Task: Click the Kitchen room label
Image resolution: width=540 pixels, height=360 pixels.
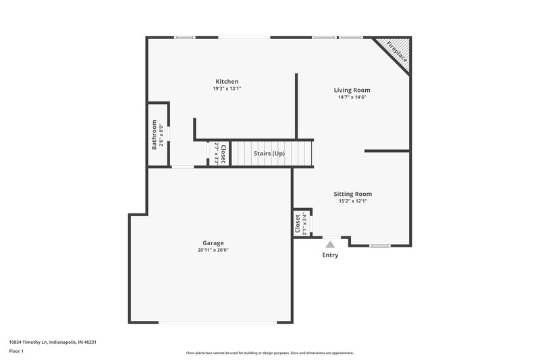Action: (226, 82)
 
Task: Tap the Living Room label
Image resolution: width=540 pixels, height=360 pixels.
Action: (352, 90)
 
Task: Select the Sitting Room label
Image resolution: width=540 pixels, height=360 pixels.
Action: (352, 193)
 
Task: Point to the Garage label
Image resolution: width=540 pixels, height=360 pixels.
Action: (213, 243)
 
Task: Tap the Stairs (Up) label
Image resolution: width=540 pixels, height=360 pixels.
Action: (269, 153)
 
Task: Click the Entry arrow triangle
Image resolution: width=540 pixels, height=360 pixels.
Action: (330, 244)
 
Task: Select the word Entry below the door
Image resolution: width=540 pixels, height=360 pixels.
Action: (330, 255)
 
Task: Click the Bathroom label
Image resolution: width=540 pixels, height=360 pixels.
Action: (154, 134)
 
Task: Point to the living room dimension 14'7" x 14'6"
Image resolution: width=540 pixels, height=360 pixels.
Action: (352, 97)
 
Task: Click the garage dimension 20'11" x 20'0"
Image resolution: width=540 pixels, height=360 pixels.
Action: (213, 250)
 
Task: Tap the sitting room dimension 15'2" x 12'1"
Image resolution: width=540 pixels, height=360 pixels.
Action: (352, 201)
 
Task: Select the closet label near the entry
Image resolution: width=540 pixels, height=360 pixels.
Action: (298, 224)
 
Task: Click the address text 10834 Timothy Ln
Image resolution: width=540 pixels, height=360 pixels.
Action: (52, 342)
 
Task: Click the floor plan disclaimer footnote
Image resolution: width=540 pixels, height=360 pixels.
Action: (269, 353)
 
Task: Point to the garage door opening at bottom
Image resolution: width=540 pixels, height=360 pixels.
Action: (217, 322)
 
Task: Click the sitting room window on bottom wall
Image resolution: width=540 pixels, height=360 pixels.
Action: (380, 245)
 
